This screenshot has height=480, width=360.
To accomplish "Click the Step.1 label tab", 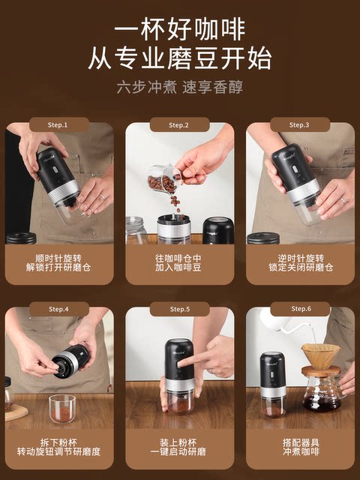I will [x=59, y=124].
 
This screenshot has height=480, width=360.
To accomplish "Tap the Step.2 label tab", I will [x=179, y=124].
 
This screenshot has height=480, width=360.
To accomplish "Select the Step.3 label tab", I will [x=300, y=124].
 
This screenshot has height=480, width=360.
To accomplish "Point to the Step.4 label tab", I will [x=59, y=309].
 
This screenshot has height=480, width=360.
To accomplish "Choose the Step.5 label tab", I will [x=179, y=309].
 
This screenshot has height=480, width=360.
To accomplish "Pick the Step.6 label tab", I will [x=300, y=309].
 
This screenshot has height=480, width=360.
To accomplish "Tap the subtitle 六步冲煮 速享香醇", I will [x=180, y=86].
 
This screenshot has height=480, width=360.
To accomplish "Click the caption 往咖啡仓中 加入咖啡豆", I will [x=180, y=262].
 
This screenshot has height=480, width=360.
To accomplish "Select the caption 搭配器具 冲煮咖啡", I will [x=300, y=447].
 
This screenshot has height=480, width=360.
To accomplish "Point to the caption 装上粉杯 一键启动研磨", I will [x=180, y=447].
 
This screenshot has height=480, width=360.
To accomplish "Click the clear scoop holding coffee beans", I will [x=163, y=179].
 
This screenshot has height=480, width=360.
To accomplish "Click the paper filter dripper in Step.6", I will [x=320, y=355].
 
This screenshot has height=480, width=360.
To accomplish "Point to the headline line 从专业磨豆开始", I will [x=180, y=58].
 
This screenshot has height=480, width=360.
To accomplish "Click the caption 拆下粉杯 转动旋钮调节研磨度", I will [x=59, y=447].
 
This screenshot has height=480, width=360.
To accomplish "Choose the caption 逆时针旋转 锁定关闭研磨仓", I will [x=300, y=262].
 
